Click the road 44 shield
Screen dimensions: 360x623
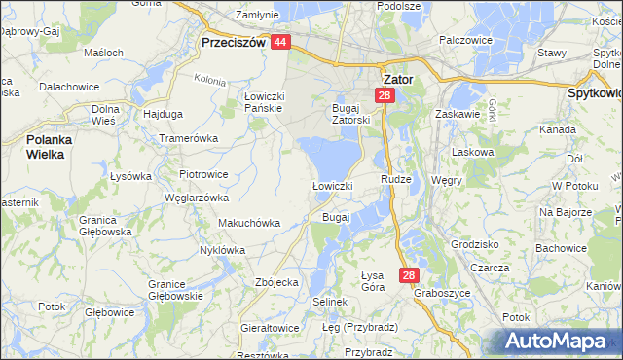pos(280,43)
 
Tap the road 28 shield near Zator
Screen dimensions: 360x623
pos(385,95)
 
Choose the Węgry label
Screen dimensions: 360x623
pos(447,180)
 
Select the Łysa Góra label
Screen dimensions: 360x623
pos(373,280)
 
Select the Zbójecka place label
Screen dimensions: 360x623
pos(275,281)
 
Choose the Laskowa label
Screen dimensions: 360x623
pos(474,153)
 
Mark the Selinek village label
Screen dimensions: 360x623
pos(330,302)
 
